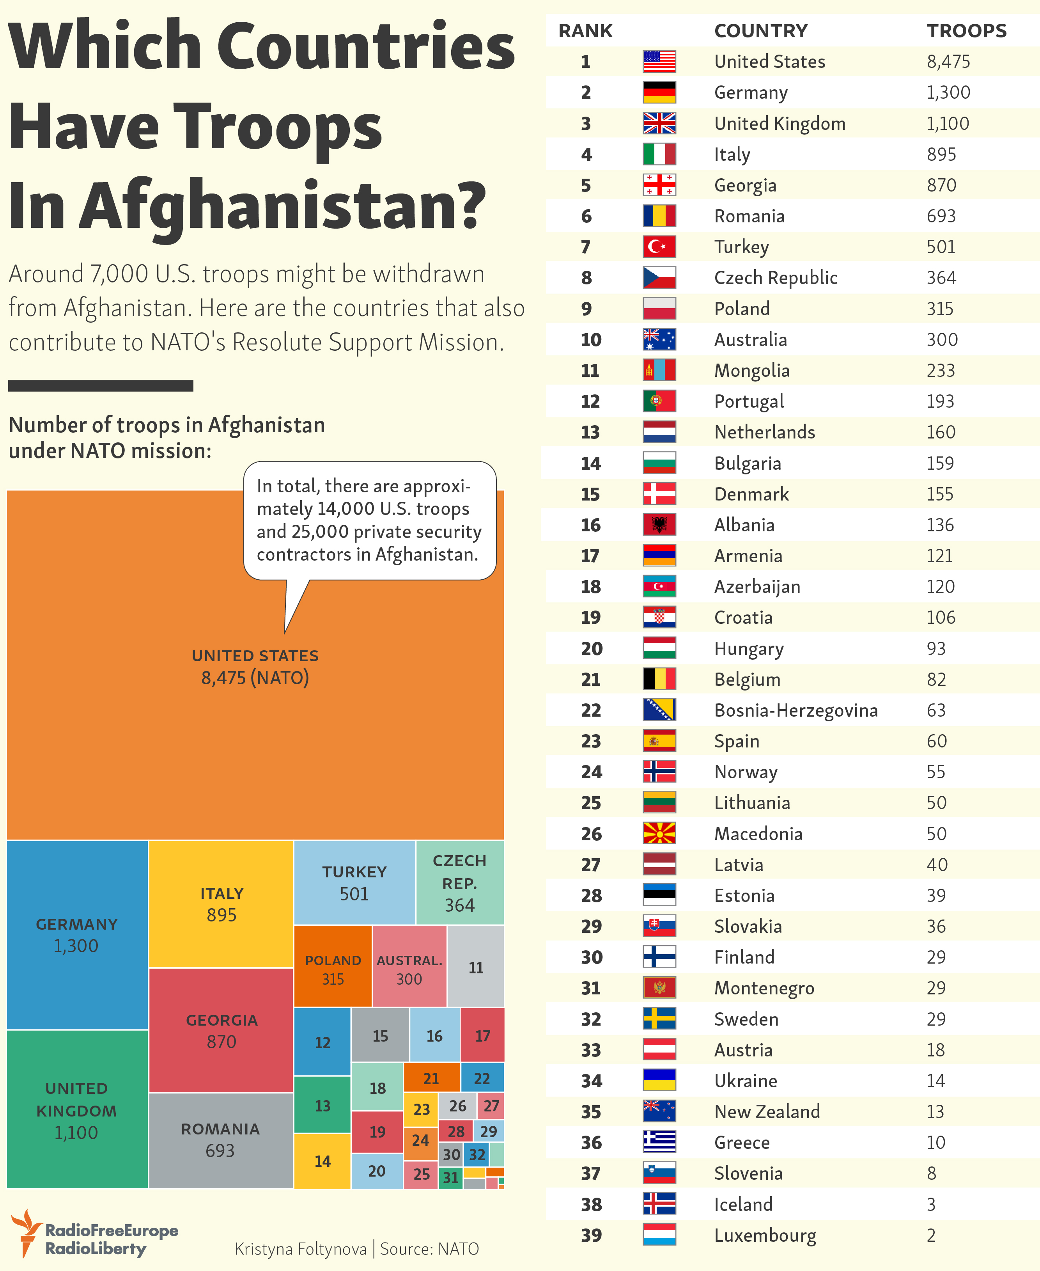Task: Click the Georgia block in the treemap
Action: coord(221,1031)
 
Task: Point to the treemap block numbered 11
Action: coord(476,967)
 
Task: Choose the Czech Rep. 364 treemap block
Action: coord(459,883)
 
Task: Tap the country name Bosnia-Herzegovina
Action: coord(796,710)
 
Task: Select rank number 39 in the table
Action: coord(591,1235)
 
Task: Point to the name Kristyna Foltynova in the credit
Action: coord(300,1249)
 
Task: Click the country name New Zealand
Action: coord(767,1111)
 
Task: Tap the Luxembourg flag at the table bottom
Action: coord(659,1235)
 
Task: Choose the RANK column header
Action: coord(585,30)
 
